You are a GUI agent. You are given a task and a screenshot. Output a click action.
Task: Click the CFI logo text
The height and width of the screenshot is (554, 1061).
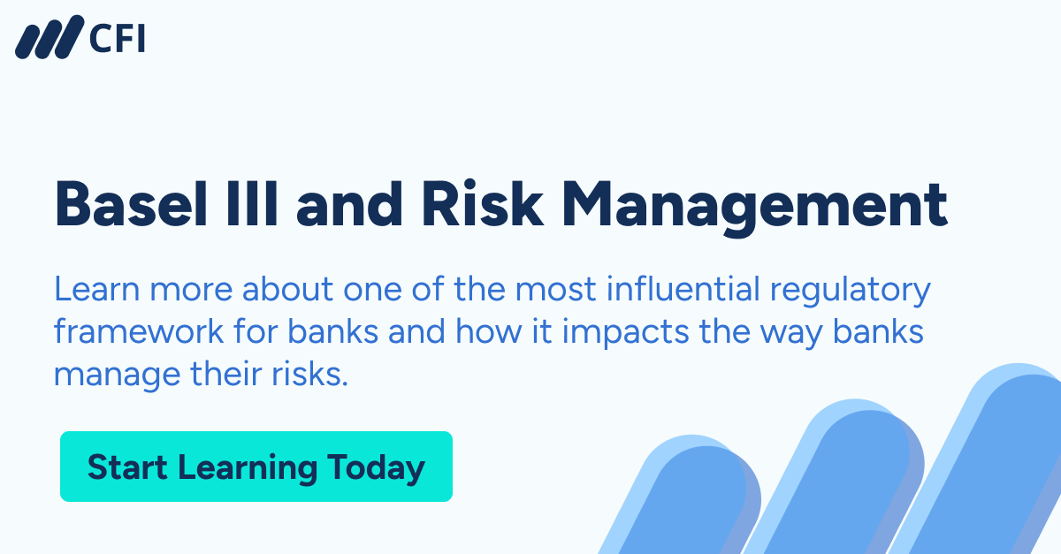[x=118, y=39]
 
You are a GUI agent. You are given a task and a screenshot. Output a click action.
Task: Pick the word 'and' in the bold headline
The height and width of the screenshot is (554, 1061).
[x=349, y=205]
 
